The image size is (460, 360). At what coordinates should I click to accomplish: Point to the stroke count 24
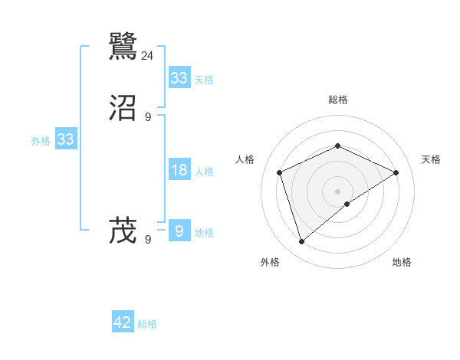point(148,56)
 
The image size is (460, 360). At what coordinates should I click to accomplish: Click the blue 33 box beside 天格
point(179,78)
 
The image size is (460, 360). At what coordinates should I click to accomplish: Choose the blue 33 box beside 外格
point(65,139)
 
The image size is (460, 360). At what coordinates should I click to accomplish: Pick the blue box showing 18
point(179,170)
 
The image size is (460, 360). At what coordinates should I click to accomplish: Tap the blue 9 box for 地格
point(179,231)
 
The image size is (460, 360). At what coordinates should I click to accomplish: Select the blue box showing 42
point(123,322)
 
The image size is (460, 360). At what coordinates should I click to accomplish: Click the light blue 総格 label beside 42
point(147,324)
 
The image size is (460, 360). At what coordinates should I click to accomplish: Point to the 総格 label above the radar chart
point(338,100)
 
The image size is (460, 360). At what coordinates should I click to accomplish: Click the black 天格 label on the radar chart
point(431,159)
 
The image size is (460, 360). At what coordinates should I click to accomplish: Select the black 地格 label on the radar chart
point(402,262)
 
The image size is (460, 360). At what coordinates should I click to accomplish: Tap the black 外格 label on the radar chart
point(270,262)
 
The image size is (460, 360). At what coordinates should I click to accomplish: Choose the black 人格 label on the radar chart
point(245,159)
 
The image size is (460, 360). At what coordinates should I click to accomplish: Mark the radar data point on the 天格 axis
point(396,172)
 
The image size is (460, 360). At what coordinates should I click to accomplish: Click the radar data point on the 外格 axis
point(301,242)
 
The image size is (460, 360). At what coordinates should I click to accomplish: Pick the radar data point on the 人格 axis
point(280,172)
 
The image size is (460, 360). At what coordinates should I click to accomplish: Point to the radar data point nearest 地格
point(347,204)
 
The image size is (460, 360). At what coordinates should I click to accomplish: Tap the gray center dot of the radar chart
point(338,191)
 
